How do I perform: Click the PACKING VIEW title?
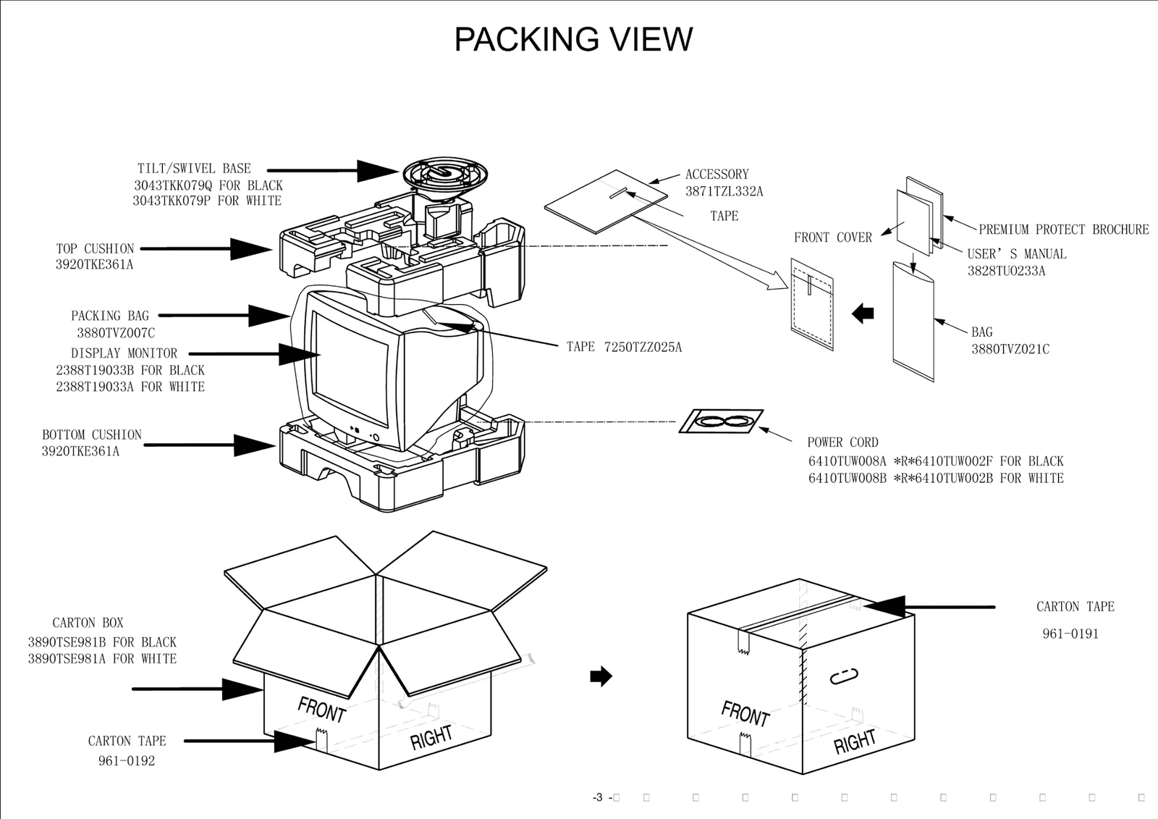[573, 40]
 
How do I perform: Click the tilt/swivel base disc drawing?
[445, 175]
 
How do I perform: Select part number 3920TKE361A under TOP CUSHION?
[94, 265]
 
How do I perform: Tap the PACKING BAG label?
[110, 316]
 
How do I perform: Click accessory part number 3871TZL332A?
[724, 192]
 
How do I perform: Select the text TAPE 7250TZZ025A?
[624, 348]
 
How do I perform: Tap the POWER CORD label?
[842, 442]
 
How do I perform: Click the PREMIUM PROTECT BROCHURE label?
[1063, 230]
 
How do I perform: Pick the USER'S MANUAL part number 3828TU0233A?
[1006, 272]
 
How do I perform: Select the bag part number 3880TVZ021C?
[1010, 349]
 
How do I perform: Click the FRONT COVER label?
[832, 238]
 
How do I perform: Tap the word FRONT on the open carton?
[321, 709]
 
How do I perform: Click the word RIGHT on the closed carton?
[855, 742]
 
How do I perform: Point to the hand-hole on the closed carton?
[843, 677]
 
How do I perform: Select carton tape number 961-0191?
[1070, 634]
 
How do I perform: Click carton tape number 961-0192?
[127, 761]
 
